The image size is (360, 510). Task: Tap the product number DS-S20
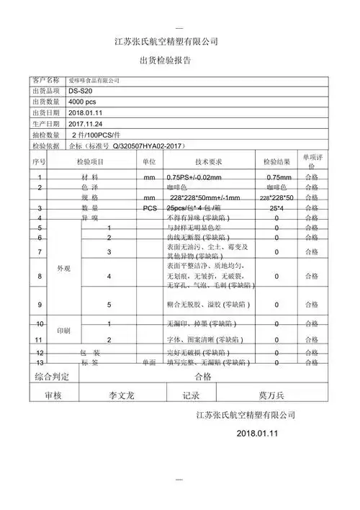81,91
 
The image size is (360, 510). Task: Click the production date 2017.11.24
86,124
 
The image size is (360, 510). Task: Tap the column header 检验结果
276,162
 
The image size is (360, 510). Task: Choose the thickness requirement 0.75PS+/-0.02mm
194,177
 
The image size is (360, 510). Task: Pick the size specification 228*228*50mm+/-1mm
205,197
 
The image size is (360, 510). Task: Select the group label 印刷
63,330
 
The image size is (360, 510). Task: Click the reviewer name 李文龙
122,395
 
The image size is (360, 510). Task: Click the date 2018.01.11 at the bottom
257,434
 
